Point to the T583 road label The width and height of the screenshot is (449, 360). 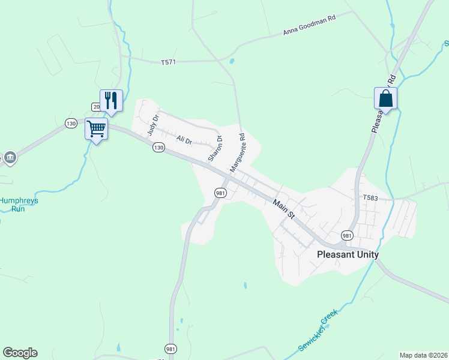click(372, 197)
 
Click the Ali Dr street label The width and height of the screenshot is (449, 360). click(184, 140)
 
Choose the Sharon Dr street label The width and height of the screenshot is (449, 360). click(215, 148)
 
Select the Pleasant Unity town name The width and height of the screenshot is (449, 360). click(348, 254)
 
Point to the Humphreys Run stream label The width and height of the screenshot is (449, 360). click(18, 205)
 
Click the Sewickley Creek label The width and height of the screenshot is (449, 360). click(318, 331)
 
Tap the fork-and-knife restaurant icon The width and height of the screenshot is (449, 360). click(111, 100)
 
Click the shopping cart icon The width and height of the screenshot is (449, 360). click(96, 128)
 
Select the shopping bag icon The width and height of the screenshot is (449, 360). click(385, 98)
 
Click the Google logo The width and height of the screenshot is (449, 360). click(20, 352)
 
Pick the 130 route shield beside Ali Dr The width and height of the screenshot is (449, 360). click(158, 147)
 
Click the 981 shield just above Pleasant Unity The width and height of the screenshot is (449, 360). click(347, 235)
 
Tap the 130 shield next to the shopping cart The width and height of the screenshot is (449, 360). click(71, 123)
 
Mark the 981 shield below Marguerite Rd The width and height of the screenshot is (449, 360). click(220, 193)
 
